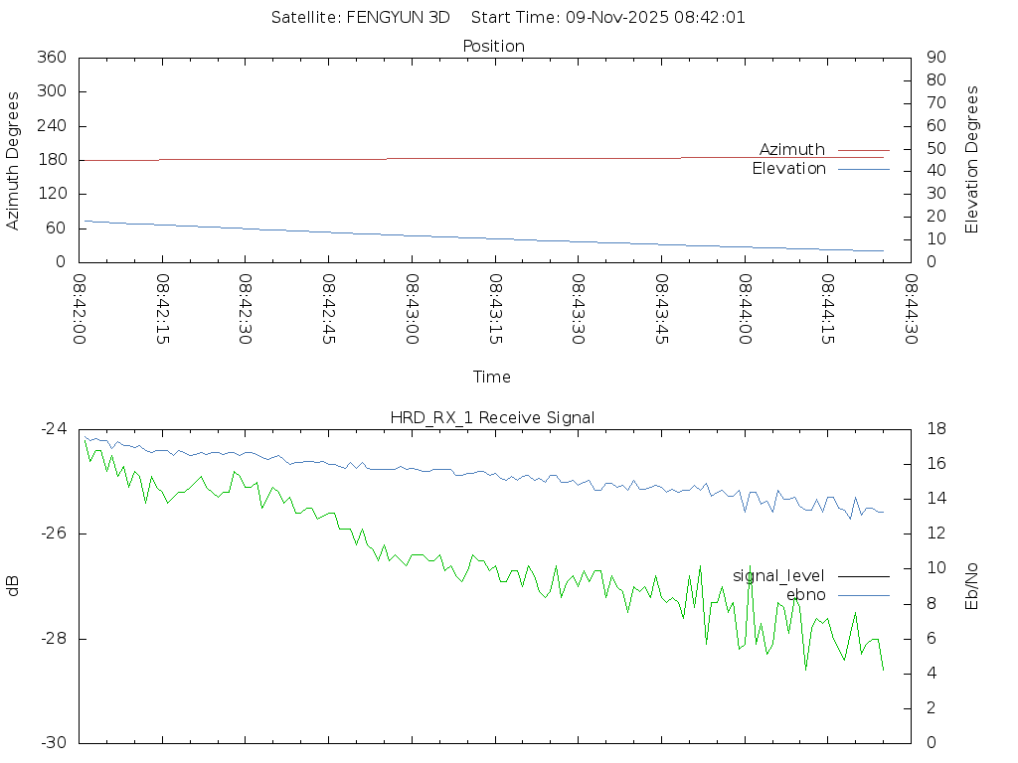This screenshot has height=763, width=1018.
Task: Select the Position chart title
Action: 494,46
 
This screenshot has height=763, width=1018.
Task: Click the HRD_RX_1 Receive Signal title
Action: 492,417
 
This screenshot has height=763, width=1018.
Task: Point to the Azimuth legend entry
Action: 792,149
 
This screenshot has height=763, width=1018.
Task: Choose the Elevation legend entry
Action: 788,169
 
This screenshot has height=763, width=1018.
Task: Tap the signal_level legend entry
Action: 778,575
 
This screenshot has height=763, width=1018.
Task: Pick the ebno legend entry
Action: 805,595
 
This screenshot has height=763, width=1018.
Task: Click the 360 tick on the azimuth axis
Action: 50,58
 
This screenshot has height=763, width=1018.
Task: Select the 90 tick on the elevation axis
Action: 934,58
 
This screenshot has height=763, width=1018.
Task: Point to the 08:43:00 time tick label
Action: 412,310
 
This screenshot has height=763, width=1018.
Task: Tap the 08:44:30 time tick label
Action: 911,310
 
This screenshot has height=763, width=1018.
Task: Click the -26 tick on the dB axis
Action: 53,534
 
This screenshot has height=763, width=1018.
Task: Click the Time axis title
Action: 492,377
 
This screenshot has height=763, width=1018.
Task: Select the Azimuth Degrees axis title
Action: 13,160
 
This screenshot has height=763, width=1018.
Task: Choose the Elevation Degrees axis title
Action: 972,160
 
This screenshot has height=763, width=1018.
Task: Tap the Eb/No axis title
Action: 972,586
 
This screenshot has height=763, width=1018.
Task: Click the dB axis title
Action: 13,585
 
